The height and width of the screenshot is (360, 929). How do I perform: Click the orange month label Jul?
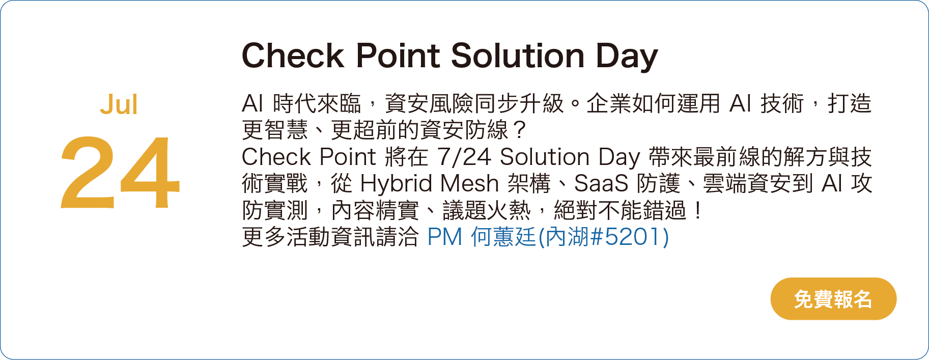pos(119,105)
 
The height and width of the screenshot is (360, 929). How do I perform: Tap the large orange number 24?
pos(120,173)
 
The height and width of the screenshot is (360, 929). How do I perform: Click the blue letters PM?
pos(444,237)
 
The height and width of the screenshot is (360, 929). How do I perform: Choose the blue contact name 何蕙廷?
pos(503,237)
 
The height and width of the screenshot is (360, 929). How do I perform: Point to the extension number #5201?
pos(626,237)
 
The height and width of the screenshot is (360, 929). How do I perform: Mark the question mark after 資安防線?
pos(519,130)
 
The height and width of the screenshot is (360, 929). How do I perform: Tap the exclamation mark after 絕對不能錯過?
pos(698,210)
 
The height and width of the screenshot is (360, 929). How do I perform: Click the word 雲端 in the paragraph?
pos(725,183)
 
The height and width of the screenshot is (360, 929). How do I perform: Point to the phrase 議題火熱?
pos(487,210)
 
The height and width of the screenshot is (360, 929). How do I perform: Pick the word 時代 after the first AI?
pos(295,104)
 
